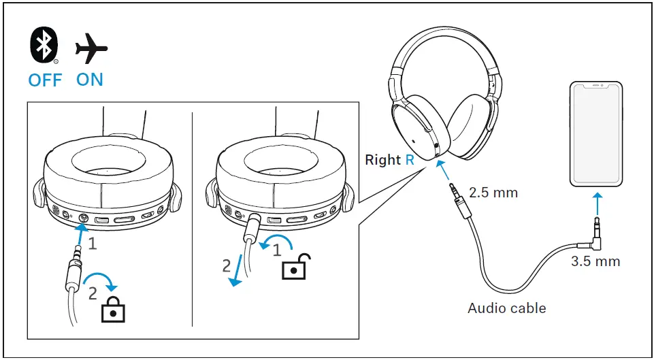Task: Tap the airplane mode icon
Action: click(91, 48)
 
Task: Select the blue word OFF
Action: click(44, 80)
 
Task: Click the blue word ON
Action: click(90, 80)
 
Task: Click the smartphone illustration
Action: click(597, 135)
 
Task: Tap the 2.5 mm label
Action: click(494, 193)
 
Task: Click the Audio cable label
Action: click(506, 308)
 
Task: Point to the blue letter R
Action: click(410, 160)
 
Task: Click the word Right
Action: click(383, 160)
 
